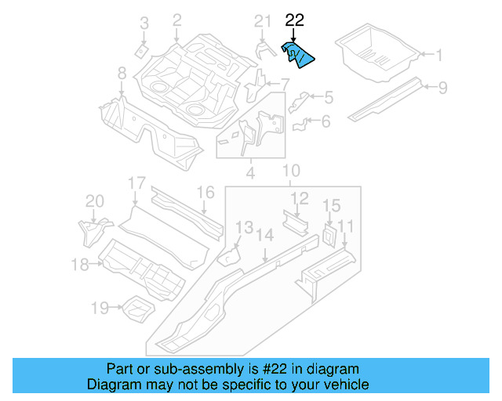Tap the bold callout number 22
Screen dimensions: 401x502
[294, 21]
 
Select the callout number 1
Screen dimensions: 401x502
[439, 55]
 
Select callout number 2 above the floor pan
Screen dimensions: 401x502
[176, 20]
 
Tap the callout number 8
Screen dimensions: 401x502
[122, 74]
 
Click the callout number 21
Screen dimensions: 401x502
[262, 21]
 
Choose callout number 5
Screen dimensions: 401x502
[328, 98]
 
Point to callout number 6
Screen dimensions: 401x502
[326, 121]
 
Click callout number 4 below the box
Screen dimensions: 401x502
[249, 171]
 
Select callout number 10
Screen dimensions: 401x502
[291, 172]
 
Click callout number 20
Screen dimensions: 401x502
[94, 202]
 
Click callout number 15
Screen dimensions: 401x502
[332, 206]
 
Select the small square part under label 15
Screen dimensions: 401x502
[329, 233]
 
